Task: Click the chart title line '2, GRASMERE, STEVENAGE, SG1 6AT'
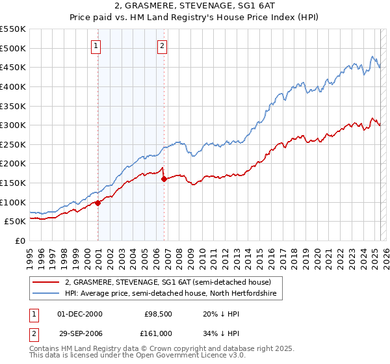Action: pyautogui.click(x=194, y=7)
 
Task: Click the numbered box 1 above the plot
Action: pyautogui.click(x=96, y=45)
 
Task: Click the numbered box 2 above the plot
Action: pyautogui.click(x=161, y=45)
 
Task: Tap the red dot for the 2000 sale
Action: pyautogui.click(x=98, y=203)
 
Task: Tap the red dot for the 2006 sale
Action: pyautogui.click(x=164, y=179)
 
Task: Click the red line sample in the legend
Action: pyautogui.click(x=47, y=282)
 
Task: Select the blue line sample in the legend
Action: pyautogui.click(x=47, y=294)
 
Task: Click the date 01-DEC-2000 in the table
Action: pyautogui.click(x=80, y=314)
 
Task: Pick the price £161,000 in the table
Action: pyautogui.click(x=157, y=333)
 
